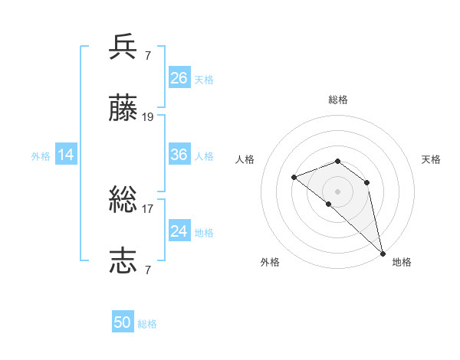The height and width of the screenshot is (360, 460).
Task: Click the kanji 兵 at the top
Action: (123, 47)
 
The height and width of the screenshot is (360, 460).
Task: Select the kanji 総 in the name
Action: (123, 201)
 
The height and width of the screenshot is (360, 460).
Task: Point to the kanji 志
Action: (123, 260)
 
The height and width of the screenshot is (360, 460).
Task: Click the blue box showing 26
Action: (179, 78)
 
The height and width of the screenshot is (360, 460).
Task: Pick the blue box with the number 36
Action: (179, 155)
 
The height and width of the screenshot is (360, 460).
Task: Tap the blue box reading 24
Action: (179, 231)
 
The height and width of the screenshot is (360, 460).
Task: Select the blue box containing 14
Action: (66, 155)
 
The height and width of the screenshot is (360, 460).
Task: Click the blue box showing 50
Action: (123, 323)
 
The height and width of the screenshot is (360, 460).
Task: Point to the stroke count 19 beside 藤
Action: (148, 117)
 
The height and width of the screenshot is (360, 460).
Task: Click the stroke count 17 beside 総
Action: (148, 208)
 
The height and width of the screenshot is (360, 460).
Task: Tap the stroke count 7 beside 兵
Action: (147, 55)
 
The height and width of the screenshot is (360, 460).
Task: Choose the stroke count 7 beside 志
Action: (147, 270)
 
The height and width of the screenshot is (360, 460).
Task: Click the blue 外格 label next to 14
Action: (41, 156)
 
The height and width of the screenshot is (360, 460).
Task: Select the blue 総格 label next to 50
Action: (147, 325)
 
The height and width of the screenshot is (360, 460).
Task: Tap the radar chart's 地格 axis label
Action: (402, 263)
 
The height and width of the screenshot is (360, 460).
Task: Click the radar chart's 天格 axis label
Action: (431, 159)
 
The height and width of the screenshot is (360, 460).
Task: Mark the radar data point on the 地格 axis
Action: (383, 254)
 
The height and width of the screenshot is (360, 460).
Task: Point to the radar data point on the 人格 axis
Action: (294, 178)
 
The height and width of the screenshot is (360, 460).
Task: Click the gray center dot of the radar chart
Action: (337, 191)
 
